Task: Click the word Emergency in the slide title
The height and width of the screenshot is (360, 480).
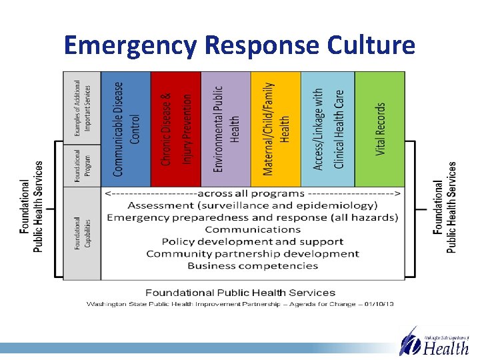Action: pos(131,45)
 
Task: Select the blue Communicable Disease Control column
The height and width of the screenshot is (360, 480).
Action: pos(126,129)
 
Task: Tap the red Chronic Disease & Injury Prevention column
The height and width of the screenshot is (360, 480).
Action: pos(175,129)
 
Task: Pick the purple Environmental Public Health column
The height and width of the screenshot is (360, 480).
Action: pos(225,129)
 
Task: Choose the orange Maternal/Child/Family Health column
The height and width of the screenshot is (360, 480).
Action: pos(275,129)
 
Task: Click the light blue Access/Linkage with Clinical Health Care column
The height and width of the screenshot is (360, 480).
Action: pos(327,129)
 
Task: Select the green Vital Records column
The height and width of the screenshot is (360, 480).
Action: pos(379,129)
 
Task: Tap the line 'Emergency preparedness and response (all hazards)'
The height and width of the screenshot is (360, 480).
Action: pos(253,217)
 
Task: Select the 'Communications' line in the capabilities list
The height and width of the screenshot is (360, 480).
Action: pos(253,229)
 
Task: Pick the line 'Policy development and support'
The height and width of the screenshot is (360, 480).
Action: pos(253,241)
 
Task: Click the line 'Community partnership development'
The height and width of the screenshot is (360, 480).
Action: pos(253,253)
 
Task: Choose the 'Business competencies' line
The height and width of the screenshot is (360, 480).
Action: pos(253,265)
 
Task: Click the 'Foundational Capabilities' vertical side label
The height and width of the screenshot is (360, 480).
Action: pos(82,233)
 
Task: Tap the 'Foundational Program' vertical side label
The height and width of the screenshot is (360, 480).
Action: pos(82,167)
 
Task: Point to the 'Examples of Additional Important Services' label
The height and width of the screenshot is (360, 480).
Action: pos(82,108)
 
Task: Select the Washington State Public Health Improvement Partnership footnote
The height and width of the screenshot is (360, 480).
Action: pos(240,304)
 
